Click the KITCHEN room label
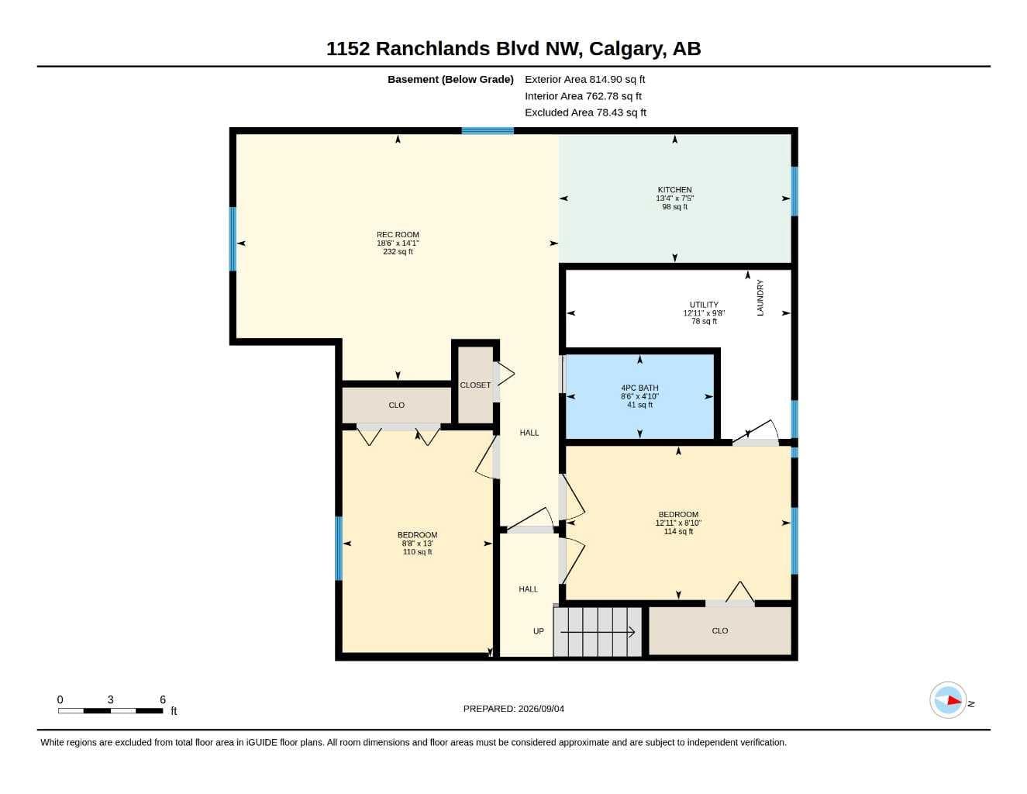click(674, 189)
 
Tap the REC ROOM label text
click(398, 234)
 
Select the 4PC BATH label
click(639, 388)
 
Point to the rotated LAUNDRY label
click(760, 298)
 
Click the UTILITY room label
click(704, 305)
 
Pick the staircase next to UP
click(598, 631)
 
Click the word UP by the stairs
click(539, 631)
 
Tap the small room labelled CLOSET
click(475, 385)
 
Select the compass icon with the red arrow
click(948, 700)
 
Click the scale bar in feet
click(111, 710)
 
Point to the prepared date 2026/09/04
click(541, 709)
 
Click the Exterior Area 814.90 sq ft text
click(584, 79)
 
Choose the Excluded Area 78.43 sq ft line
click(585, 112)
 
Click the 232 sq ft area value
click(398, 251)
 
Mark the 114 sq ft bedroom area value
click(678, 531)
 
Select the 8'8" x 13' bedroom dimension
click(417, 544)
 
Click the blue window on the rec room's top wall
click(488, 131)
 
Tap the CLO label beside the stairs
click(719, 630)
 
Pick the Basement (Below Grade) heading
click(450, 79)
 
